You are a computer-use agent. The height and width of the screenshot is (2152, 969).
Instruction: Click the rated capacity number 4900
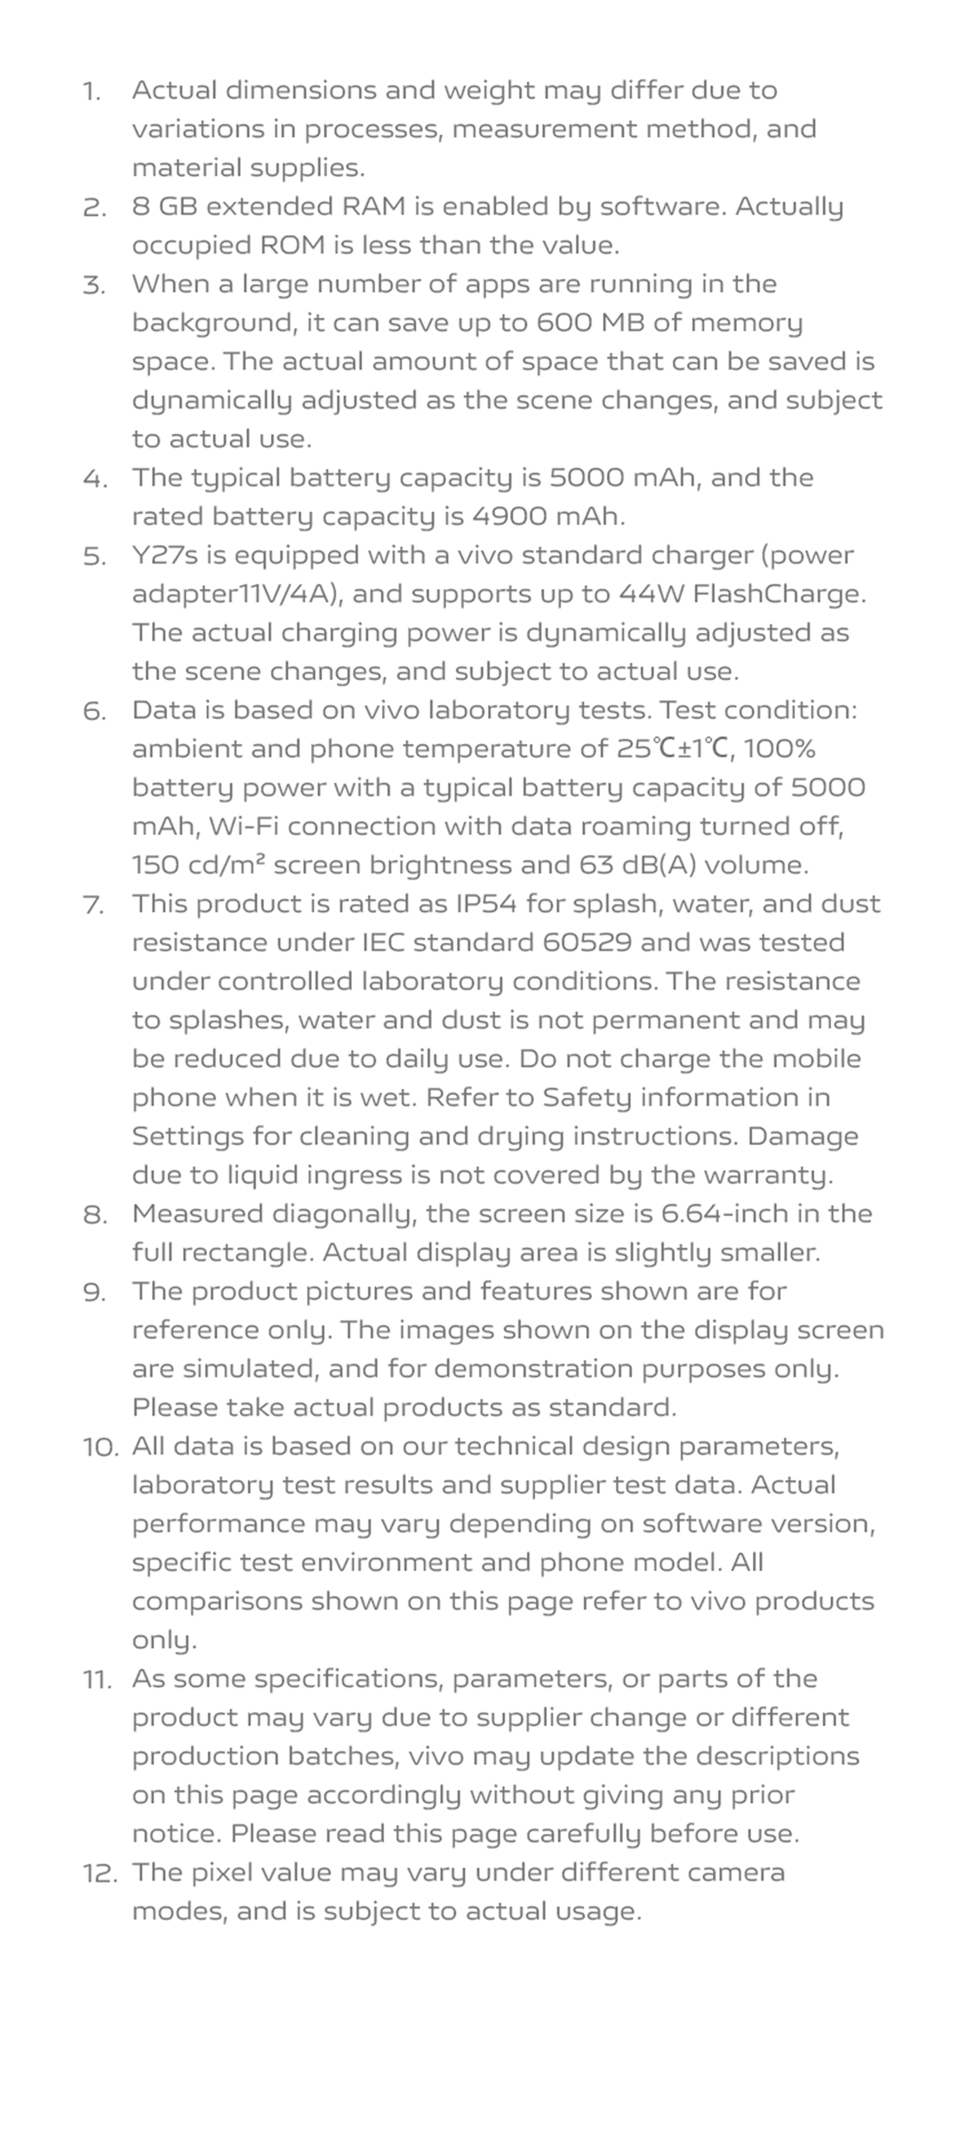coord(509,516)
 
